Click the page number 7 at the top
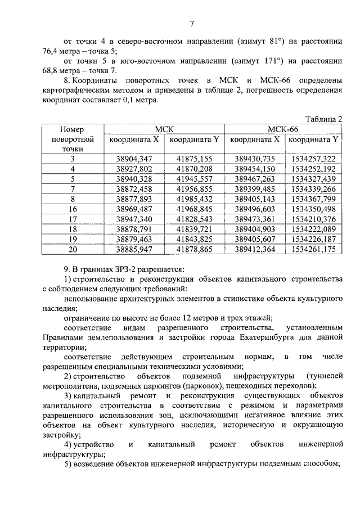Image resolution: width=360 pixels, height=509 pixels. coord(191,23)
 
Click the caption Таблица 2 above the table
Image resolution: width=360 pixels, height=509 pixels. coord(323,119)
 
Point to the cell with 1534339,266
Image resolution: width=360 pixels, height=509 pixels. coord(313,189)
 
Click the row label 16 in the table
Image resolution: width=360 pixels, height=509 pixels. coord(73,209)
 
